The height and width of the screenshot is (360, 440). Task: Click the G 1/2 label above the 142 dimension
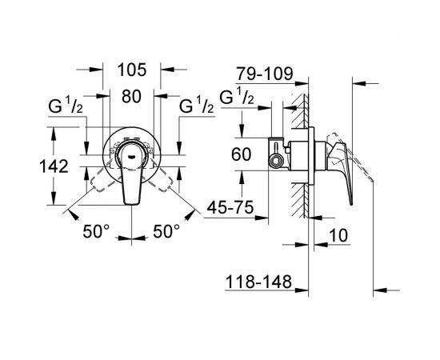69,106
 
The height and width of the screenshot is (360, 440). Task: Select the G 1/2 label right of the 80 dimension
196,106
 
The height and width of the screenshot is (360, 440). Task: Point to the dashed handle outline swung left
101,177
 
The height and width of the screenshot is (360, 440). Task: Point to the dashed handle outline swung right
165,177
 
